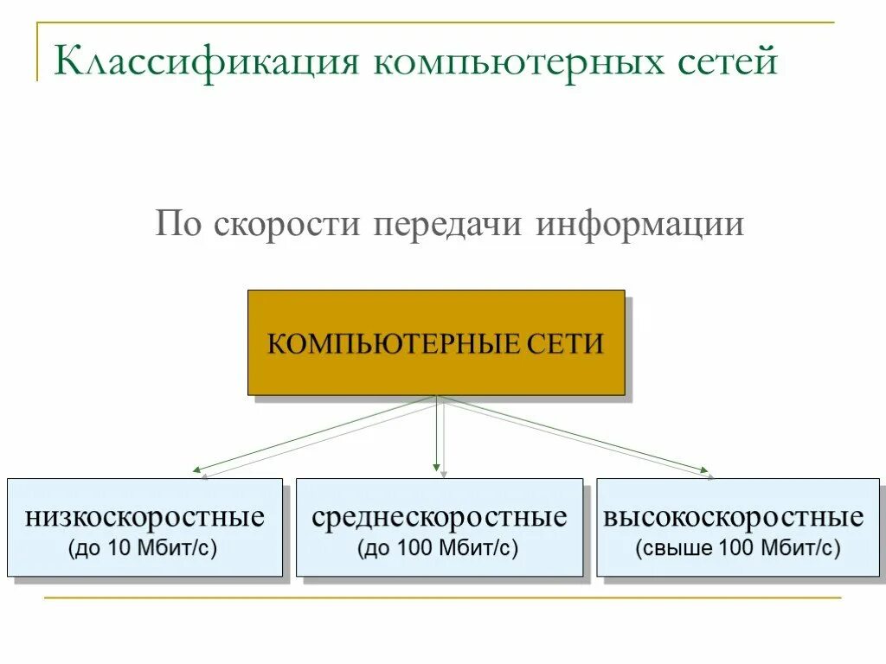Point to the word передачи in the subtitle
[448, 225]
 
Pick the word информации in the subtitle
[639, 225]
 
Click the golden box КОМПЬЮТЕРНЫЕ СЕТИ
[436, 342]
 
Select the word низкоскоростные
[144, 518]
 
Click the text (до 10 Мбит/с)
[144, 547]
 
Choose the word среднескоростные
[440, 518]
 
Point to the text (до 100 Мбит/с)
[439, 547]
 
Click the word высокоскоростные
[734, 518]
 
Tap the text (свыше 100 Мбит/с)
[737, 547]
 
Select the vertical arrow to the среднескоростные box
[438, 437]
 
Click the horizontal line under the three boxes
[441, 597]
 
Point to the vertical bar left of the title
[37, 52]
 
